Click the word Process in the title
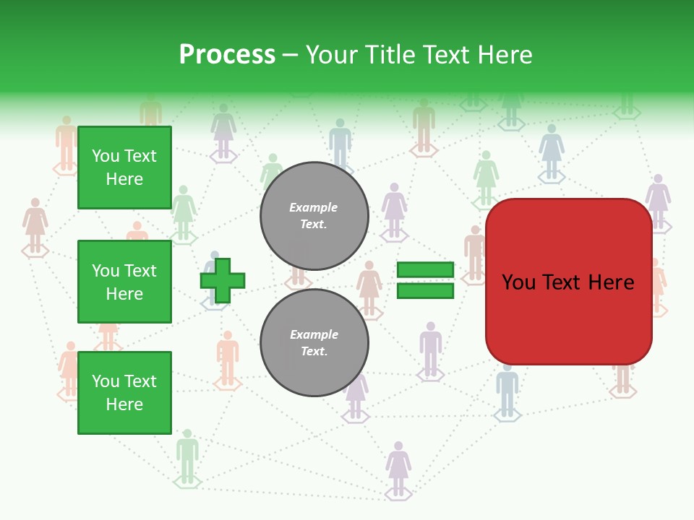pos(227,55)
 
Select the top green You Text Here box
pos(124,168)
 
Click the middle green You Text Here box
pos(124,282)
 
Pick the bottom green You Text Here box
pos(124,393)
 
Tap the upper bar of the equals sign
pos(425,270)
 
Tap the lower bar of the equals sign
pos(425,290)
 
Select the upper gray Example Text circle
pos(314,216)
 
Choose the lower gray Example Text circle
pos(314,343)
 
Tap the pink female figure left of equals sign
pos(369,285)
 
